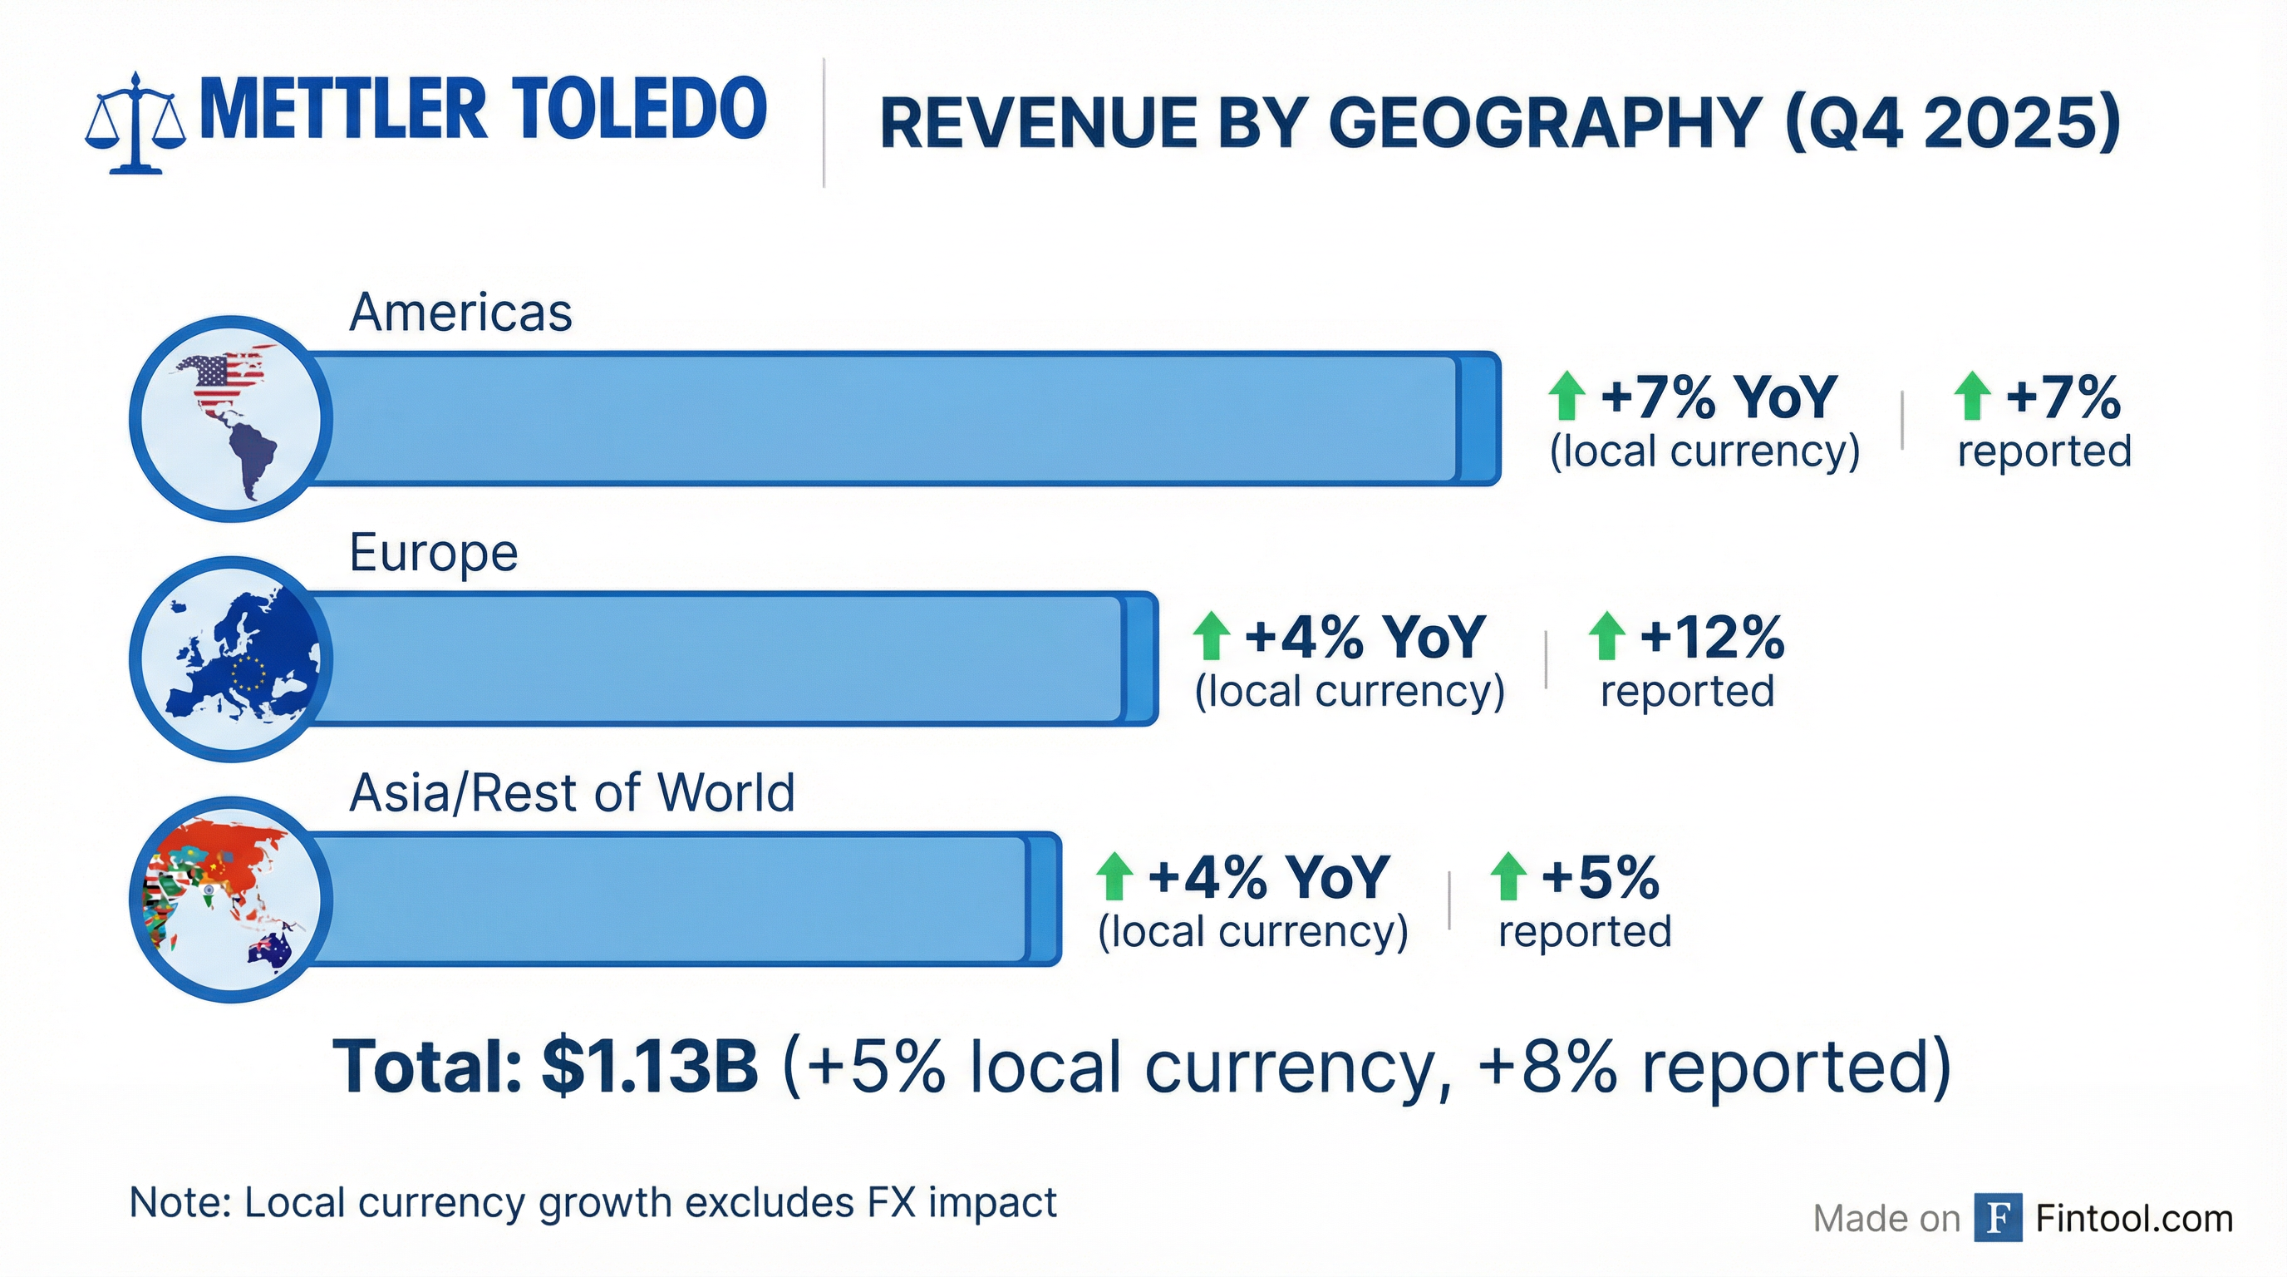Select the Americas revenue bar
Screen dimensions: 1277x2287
point(888,418)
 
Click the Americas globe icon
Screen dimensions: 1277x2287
point(231,418)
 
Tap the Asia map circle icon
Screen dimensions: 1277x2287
point(231,899)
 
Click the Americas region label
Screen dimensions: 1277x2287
point(460,313)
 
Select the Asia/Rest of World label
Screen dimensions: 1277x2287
point(572,792)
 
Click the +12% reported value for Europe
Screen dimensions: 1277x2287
point(1711,637)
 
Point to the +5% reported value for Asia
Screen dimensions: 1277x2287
point(1600,877)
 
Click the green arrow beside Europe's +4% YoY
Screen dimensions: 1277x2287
point(1212,636)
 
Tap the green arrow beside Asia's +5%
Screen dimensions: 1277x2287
point(1507,876)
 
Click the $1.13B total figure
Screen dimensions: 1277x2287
point(650,1066)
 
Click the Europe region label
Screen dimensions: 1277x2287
point(433,552)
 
